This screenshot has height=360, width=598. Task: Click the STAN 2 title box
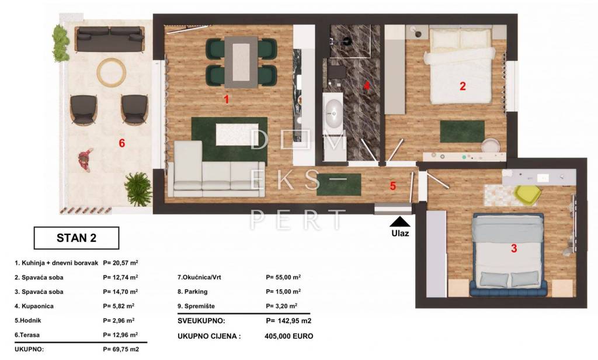77,238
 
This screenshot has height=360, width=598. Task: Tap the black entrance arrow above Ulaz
400,222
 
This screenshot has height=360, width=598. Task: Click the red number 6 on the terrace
121,143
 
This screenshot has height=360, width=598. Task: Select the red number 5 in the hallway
393,186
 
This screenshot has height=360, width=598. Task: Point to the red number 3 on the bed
514,248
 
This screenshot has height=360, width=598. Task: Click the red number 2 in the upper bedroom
463,86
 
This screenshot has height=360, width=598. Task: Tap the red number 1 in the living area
226,99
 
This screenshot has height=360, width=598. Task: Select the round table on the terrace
112,71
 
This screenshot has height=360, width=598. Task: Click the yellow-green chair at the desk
528,193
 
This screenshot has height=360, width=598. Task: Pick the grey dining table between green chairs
241,62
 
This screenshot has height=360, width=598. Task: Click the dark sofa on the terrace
110,39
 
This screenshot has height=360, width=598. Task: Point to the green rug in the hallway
339,185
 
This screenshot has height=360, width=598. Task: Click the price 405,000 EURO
288,336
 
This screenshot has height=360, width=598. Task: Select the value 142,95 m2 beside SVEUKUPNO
288,321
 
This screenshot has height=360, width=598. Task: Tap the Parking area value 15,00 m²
283,292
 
